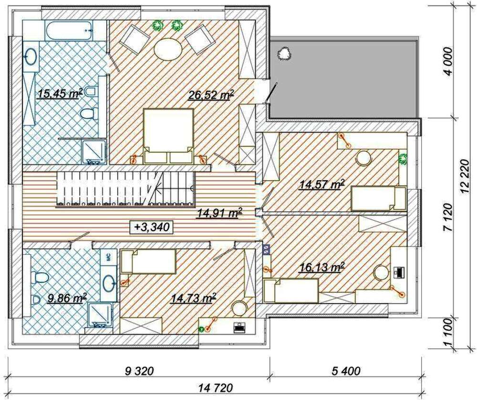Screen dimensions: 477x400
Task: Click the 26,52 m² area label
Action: click(211, 95)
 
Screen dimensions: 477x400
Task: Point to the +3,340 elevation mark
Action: click(151, 227)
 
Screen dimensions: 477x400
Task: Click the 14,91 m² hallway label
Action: click(219, 213)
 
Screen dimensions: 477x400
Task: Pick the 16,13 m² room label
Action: click(322, 267)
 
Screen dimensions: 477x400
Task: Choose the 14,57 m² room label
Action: click(322, 184)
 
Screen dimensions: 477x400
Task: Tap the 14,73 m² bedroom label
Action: click(194, 298)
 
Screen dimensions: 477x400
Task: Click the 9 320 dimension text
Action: click(139, 371)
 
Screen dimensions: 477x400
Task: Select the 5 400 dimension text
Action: click(345, 371)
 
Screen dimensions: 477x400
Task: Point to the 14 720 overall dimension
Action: click(216, 388)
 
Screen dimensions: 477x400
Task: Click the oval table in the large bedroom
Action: click(168, 49)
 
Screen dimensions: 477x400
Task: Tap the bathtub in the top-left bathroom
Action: click(68, 30)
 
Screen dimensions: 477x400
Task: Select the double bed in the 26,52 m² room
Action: click(168, 136)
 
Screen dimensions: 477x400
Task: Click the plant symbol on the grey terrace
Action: click(284, 53)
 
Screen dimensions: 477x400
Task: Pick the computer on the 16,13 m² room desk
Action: click(398, 272)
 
